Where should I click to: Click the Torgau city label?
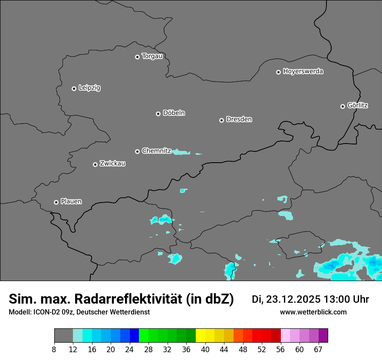click(x=152, y=56)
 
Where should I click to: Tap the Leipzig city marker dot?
click(x=74, y=88)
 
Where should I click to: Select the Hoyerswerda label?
click(x=303, y=72)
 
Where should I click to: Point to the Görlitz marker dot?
click(x=342, y=106)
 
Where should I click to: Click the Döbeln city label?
click(x=174, y=113)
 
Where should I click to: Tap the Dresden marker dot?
click(x=221, y=120)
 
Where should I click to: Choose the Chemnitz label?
click(x=156, y=151)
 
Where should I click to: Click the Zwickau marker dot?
click(x=95, y=164)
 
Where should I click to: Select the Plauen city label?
click(x=71, y=202)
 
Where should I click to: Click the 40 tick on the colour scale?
click(x=205, y=350)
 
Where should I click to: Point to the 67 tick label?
click(x=318, y=350)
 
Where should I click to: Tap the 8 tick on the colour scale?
click(x=54, y=350)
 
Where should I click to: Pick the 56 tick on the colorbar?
click(x=281, y=350)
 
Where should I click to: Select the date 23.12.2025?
click(x=293, y=299)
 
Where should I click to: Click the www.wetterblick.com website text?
click(x=313, y=312)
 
